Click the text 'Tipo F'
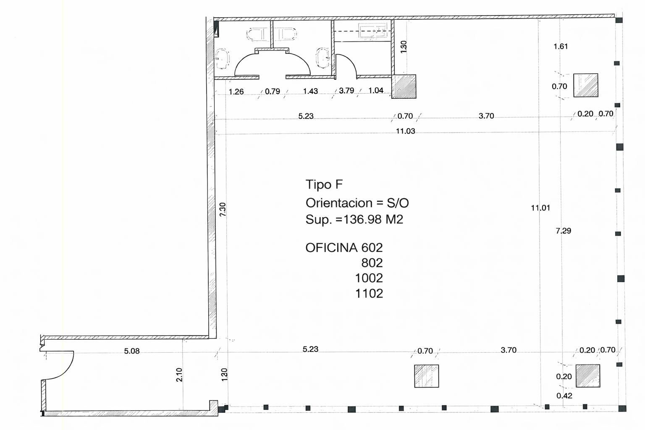coord(324,185)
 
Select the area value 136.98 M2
coord(373,219)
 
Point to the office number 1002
coord(369,278)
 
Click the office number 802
coord(372,263)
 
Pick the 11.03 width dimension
coord(405,131)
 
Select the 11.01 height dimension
coord(540,207)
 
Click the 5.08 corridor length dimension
coord(132,351)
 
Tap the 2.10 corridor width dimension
coord(179,375)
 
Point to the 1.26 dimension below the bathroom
coord(236,92)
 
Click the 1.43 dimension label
coord(310,91)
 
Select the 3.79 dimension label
coord(346,91)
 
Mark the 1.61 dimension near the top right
coord(561,46)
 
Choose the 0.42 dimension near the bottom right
coord(564,396)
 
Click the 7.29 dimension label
coord(563,231)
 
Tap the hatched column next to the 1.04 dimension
coord(404,87)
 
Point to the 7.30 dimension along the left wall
coord(223,209)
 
